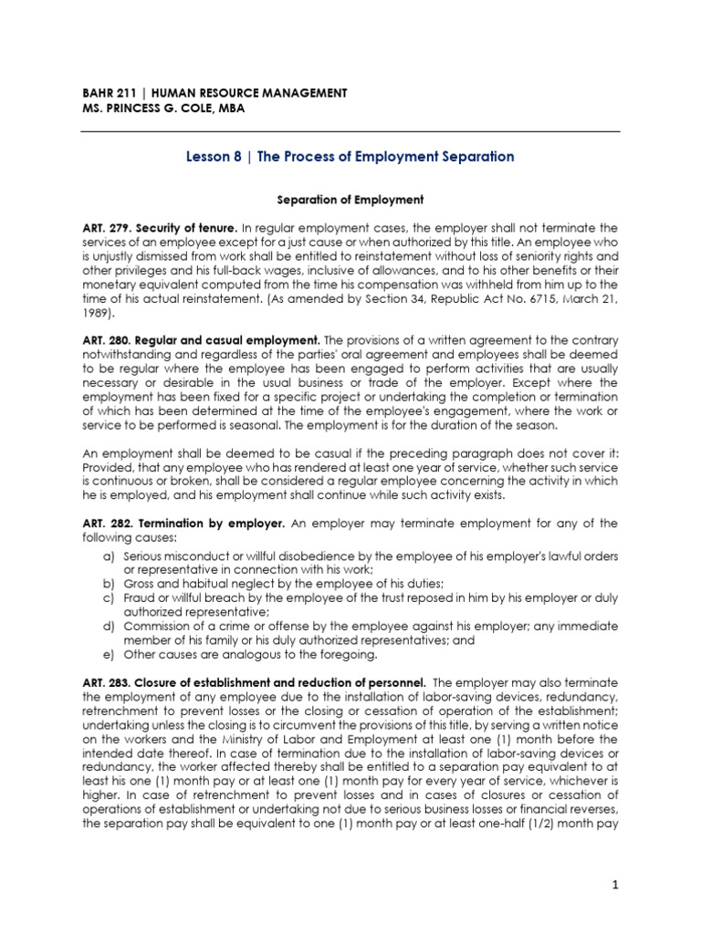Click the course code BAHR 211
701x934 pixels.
[105, 93]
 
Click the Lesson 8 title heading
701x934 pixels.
[350, 157]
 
